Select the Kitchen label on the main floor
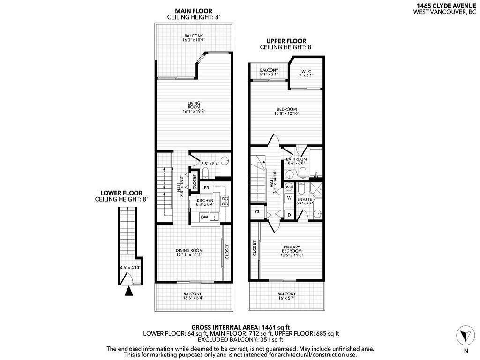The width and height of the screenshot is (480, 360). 205,200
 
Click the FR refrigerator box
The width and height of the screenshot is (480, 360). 206,187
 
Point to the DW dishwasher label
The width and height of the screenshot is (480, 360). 204,217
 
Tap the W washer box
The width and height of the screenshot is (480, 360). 289,198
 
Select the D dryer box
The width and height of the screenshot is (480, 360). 289,215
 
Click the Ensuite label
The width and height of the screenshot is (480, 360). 305,200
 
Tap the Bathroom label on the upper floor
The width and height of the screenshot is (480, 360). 296,159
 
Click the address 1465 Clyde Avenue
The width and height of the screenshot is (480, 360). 444,5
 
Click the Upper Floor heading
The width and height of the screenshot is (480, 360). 286,41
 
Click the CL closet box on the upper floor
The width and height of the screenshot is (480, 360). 257,212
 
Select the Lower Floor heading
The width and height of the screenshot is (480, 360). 121,193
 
